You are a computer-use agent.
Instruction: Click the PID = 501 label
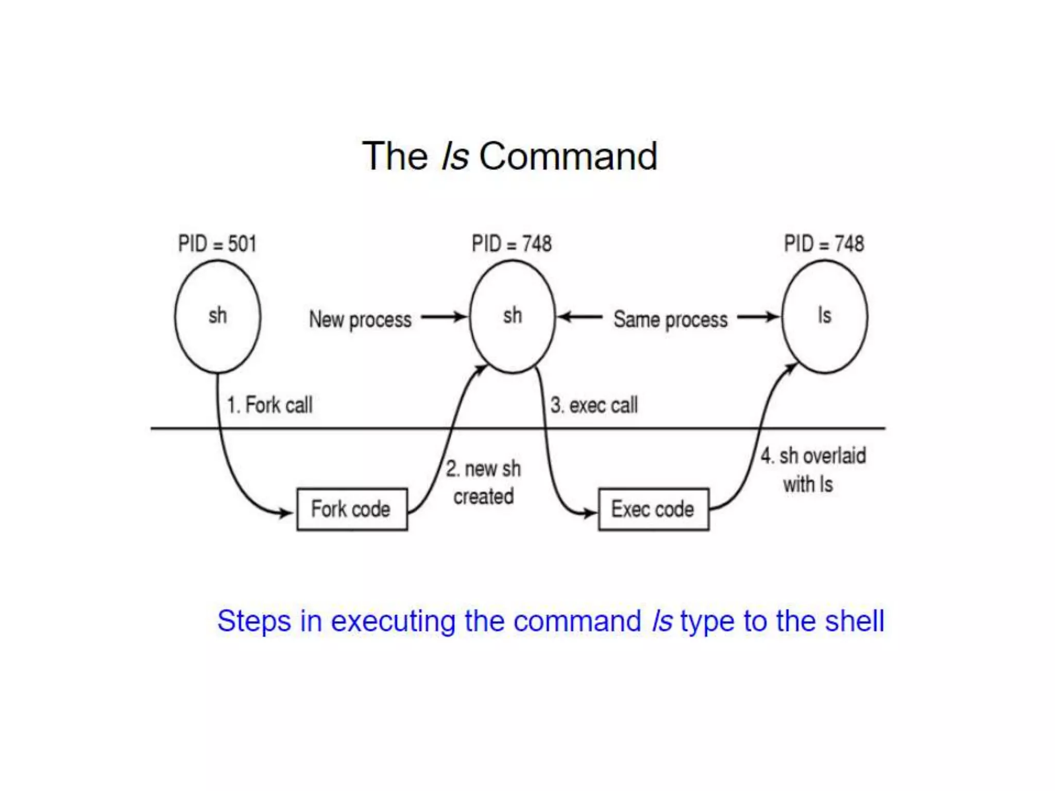[x=217, y=244]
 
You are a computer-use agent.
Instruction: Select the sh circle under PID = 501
[x=217, y=316]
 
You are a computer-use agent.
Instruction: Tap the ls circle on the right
[x=824, y=316]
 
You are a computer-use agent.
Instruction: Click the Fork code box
[x=352, y=509]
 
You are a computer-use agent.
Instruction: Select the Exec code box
[x=653, y=509]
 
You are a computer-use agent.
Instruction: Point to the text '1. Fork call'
[x=270, y=405]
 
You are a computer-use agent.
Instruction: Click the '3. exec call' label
[x=594, y=405]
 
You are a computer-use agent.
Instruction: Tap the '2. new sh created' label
[x=483, y=483]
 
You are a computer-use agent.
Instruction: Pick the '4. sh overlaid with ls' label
[x=813, y=470]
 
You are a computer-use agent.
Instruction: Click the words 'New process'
[x=360, y=319]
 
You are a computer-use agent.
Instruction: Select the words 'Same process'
[x=670, y=319]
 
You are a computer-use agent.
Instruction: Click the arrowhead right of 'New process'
[x=460, y=317]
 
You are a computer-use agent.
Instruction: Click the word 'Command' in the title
[x=568, y=156]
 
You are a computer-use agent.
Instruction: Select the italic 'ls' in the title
[x=455, y=156]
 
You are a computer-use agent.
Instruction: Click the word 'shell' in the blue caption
[x=854, y=621]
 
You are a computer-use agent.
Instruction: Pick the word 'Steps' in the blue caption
[x=254, y=621]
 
